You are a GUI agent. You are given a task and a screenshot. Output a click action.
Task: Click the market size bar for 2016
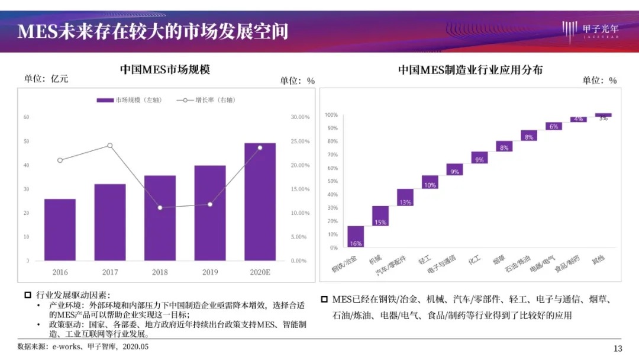click(x=60, y=230)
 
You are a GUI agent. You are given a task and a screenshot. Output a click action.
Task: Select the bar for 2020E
click(x=260, y=202)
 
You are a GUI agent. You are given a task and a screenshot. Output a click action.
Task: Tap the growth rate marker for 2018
click(x=160, y=208)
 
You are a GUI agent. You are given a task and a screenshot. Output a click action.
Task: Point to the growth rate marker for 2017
click(x=109, y=146)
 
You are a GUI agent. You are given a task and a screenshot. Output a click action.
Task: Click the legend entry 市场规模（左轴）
click(x=129, y=100)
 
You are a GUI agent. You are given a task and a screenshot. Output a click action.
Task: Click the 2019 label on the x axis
click(x=209, y=272)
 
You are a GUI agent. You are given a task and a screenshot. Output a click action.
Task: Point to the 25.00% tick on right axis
click(x=299, y=142)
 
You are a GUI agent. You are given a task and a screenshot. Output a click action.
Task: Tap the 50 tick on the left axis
click(x=26, y=142)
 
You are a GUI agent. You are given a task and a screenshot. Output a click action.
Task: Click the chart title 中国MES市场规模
click(x=165, y=70)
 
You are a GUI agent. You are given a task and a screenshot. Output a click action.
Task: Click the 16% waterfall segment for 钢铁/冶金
click(x=356, y=236)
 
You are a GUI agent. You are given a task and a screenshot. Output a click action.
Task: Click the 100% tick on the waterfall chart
click(x=331, y=115)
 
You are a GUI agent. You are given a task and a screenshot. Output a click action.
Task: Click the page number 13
click(x=618, y=348)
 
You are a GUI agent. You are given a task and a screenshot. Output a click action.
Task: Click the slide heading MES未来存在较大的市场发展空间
click(x=153, y=31)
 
